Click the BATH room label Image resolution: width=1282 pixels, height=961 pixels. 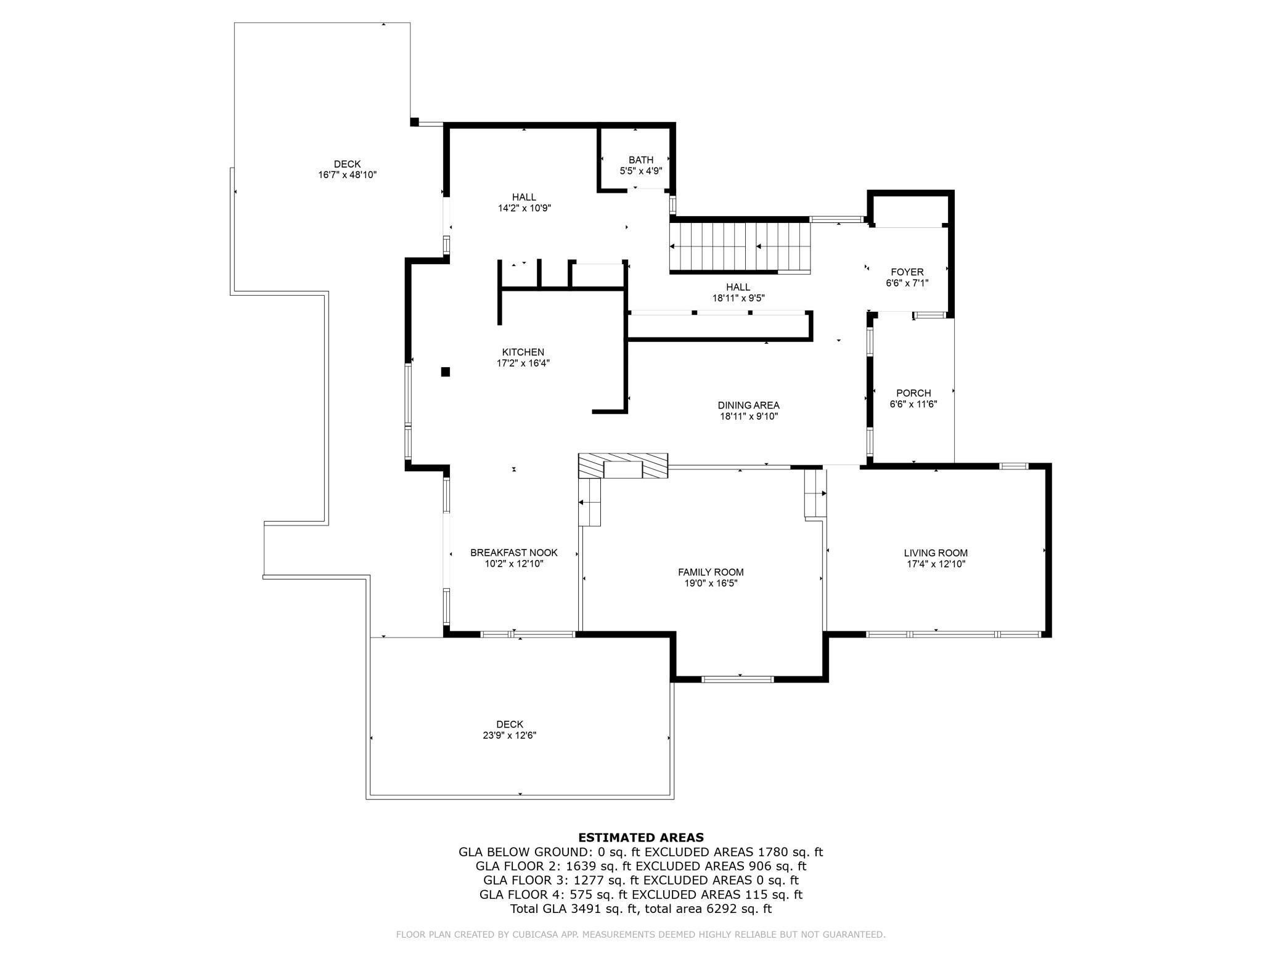[641, 160]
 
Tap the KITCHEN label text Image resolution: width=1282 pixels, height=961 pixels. [523, 352]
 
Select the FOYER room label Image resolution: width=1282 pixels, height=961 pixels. [907, 272]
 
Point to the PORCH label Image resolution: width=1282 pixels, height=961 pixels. [913, 393]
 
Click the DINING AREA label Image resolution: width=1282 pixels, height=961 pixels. [748, 405]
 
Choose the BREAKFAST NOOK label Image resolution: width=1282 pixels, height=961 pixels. [514, 553]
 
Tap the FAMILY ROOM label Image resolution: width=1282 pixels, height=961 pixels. [711, 572]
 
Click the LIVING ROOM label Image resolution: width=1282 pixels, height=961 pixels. [936, 553]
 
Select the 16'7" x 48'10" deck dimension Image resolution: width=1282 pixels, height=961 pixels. [347, 175]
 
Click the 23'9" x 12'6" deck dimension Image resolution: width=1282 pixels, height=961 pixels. [510, 736]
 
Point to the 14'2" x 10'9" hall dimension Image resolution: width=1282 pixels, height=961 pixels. [525, 208]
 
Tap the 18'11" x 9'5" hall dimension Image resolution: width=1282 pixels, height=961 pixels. [738, 298]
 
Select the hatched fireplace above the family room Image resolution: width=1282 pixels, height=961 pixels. [623, 465]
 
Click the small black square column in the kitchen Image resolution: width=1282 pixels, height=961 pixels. [446, 371]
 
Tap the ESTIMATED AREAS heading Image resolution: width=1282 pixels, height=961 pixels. [641, 838]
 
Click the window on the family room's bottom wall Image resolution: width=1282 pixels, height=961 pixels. [737, 679]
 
